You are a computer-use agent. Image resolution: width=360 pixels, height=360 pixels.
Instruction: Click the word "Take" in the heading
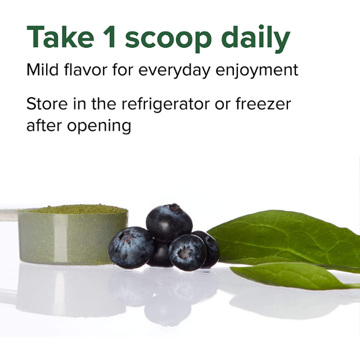pyautogui.click(x=60, y=37)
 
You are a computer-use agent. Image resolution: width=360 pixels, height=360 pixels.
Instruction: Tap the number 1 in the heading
pyautogui.click(x=109, y=37)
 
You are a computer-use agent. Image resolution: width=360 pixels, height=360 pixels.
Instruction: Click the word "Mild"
pyautogui.click(x=43, y=69)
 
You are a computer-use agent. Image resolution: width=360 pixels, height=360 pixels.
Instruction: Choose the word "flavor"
pyautogui.click(x=85, y=69)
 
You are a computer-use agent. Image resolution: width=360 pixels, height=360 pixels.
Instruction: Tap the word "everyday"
pyautogui.click(x=174, y=71)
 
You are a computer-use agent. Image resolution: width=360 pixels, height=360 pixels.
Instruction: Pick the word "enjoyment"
pyautogui.click(x=257, y=71)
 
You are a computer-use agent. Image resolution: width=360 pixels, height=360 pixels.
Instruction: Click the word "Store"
pyautogui.click(x=47, y=103)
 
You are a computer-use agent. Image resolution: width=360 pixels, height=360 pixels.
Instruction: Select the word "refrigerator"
pyautogui.click(x=165, y=105)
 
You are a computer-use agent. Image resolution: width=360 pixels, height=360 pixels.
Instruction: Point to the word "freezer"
pyautogui.click(x=263, y=103)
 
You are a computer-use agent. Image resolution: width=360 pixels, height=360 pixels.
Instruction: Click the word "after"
pyautogui.click(x=44, y=125)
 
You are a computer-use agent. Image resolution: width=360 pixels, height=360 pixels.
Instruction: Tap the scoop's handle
pyautogui.click(x=9, y=214)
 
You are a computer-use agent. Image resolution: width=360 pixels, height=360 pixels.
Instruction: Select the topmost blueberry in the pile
pyautogui.click(x=169, y=223)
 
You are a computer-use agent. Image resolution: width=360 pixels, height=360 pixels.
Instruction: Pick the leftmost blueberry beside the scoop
pyautogui.click(x=131, y=247)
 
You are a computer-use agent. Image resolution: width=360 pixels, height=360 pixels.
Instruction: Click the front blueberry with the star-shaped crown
pyautogui.click(x=187, y=253)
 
